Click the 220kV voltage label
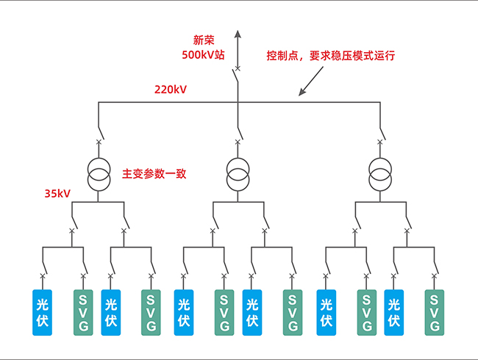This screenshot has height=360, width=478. click(x=170, y=90)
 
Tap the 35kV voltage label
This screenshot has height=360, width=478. click(x=57, y=194)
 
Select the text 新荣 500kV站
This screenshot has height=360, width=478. click(x=204, y=47)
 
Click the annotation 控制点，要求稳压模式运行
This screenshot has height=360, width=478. click(x=331, y=55)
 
